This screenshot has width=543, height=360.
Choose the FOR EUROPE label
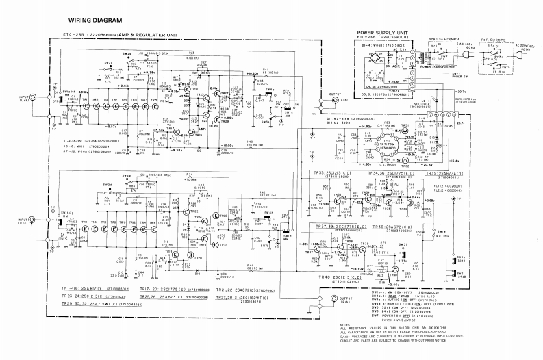click(x=494, y=40)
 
